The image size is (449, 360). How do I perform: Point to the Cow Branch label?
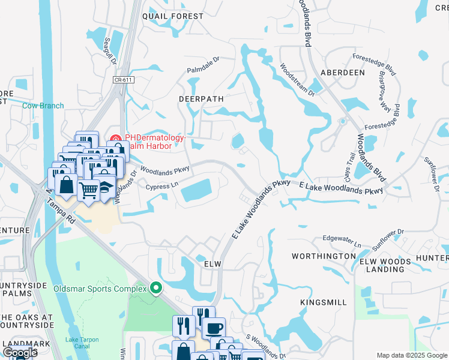(43, 106)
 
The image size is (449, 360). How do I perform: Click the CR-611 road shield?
(122, 79)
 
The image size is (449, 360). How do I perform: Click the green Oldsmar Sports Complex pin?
(156, 289)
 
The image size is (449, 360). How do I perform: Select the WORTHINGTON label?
(324, 256)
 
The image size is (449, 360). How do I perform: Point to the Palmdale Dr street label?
(203, 64)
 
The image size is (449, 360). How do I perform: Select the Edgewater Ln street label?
(342, 241)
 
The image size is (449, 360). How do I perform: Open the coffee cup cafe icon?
(213, 329)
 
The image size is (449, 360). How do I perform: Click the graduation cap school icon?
(105, 185)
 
